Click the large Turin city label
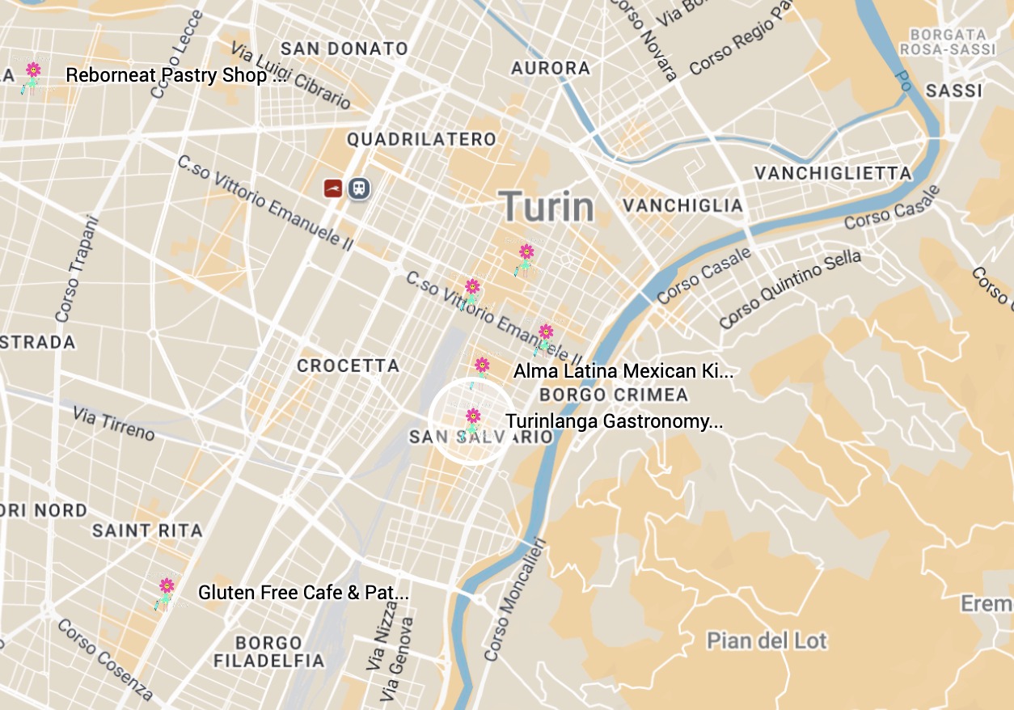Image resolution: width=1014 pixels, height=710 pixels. (x=547, y=207)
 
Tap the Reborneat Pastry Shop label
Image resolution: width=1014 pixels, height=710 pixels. (x=175, y=76)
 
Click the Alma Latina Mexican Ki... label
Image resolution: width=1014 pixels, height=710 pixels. (x=623, y=372)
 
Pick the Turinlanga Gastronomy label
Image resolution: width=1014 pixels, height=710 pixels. (x=614, y=421)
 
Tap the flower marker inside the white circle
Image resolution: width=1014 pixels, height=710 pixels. (x=472, y=419)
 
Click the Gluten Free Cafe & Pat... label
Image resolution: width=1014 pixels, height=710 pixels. (x=303, y=593)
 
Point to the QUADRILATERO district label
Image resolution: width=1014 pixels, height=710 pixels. (x=421, y=140)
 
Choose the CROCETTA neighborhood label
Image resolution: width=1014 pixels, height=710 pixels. (x=349, y=366)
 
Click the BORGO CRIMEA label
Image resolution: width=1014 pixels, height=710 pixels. (x=614, y=395)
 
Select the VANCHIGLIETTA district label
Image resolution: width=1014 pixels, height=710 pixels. (x=833, y=173)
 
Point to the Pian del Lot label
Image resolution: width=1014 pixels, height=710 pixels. (x=767, y=641)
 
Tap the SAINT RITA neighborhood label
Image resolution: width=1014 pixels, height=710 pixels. (x=147, y=531)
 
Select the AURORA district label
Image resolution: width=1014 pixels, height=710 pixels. (x=551, y=68)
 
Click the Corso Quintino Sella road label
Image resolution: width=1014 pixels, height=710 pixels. (x=790, y=289)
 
